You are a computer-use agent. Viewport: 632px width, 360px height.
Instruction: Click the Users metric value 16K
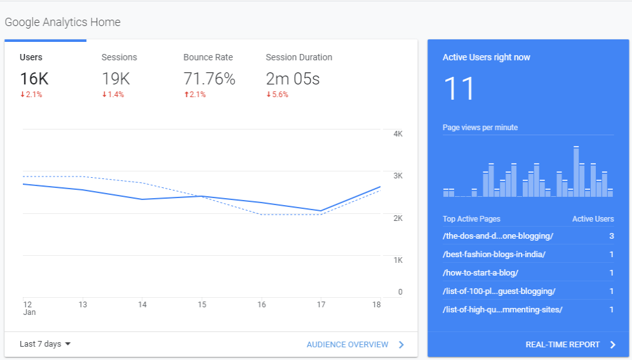(x=34, y=79)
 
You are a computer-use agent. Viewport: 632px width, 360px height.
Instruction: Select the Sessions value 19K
(x=116, y=79)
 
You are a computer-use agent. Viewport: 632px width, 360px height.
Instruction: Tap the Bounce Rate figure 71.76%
(x=209, y=79)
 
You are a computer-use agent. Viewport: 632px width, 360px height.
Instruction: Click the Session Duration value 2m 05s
(x=292, y=79)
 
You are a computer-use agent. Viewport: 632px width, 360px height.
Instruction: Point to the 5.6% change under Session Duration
(x=277, y=95)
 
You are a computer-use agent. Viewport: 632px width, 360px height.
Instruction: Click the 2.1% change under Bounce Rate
(x=194, y=95)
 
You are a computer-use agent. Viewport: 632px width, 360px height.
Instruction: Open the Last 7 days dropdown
(x=45, y=344)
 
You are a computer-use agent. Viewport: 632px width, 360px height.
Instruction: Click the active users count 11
(x=459, y=89)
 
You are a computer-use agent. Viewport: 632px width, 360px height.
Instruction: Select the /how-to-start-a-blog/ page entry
(x=481, y=273)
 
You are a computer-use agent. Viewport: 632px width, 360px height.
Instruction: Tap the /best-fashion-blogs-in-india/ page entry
(x=494, y=255)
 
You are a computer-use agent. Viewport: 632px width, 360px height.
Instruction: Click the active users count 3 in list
(x=611, y=236)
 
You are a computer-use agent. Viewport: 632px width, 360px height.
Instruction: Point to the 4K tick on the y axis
(x=398, y=134)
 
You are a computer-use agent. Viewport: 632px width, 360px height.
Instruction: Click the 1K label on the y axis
(x=398, y=260)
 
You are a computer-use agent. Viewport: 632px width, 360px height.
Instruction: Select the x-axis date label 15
(x=202, y=305)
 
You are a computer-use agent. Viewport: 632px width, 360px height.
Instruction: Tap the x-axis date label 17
(x=321, y=305)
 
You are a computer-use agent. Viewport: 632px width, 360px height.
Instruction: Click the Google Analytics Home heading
(x=62, y=22)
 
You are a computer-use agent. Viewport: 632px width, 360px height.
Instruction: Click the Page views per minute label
(x=480, y=128)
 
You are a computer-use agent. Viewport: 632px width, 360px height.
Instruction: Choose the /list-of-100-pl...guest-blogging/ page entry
(x=499, y=291)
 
